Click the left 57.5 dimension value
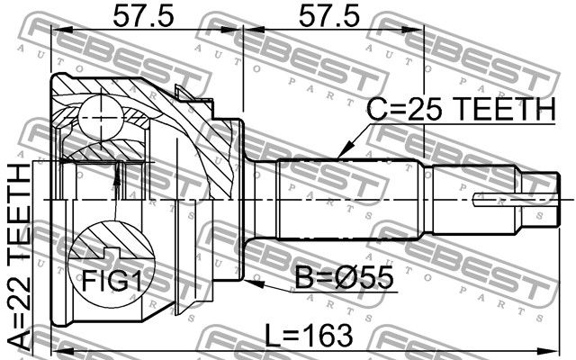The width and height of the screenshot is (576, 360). click(x=143, y=16)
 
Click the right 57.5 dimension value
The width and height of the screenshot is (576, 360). click(x=328, y=16)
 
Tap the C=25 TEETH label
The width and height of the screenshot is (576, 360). click(x=462, y=109)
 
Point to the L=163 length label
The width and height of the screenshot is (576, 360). click(x=309, y=336)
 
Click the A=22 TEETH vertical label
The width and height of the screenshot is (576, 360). click(x=19, y=257)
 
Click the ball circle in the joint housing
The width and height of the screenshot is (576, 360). click(x=100, y=118)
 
